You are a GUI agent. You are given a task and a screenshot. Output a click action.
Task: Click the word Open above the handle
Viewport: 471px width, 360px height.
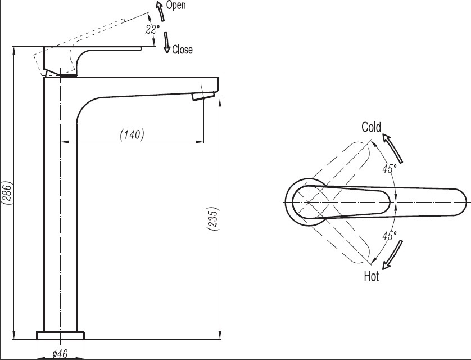pos(176,5)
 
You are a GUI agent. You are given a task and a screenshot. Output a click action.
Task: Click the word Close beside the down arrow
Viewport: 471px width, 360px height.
pos(182,49)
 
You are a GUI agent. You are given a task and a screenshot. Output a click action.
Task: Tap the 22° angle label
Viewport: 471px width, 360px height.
pos(152,29)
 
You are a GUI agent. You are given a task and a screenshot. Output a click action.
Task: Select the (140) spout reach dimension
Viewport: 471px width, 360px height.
pos(132,134)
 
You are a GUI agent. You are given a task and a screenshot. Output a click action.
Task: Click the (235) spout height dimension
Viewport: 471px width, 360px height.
pos(212,219)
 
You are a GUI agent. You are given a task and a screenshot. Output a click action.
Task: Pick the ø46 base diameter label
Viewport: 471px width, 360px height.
pos(60,353)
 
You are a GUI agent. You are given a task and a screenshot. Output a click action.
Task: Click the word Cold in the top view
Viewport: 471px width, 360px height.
pos(372,127)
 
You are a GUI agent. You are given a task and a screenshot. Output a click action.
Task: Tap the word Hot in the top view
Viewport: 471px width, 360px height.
pos(372,276)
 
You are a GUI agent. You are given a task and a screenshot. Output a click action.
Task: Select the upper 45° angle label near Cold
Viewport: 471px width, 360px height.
pos(390,169)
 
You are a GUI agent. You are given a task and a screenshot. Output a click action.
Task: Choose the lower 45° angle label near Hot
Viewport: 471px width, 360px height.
pos(390,236)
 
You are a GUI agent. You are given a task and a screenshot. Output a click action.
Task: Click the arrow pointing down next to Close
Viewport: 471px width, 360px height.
pos(167,43)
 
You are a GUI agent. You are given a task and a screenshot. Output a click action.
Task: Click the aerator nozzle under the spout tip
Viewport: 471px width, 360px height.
pos(203,96)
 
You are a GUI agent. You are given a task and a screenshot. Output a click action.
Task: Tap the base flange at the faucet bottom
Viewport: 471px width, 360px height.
pos(60,335)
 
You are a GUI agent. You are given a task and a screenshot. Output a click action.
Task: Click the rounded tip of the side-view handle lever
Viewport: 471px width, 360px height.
pos(141,48)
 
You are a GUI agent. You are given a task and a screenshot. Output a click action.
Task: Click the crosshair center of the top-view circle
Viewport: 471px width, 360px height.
pos(309,202)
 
